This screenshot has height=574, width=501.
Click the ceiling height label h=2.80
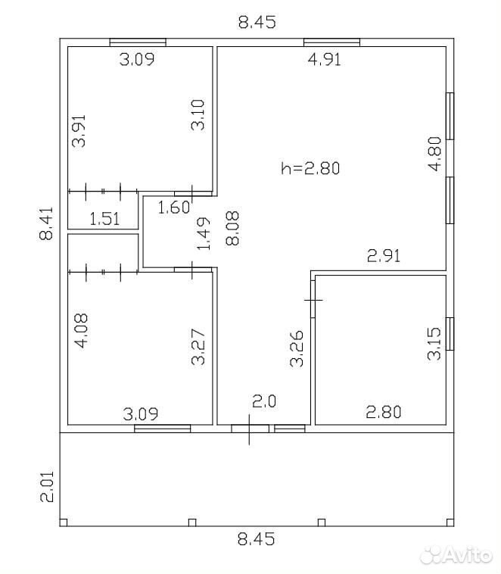click(x=310, y=168)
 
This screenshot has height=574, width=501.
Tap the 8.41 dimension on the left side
click(x=46, y=223)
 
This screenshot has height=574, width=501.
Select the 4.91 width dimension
click(x=324, y=59)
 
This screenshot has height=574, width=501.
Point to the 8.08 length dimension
click(x=232, y=228)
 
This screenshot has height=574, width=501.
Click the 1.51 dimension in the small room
click(x=104, y=219)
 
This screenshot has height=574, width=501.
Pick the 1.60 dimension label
click(x=174, y=207)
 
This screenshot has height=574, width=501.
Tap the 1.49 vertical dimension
click(x=204, y=234)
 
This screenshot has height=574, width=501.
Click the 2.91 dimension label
click(x=384, y=255)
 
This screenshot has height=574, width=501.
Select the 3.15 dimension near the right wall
click(x=434, y=344)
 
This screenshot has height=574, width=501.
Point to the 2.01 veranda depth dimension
click(x=47, y=486)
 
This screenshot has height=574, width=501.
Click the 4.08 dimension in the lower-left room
click(x=81, y=331)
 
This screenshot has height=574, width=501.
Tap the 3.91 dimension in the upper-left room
click(x=79, y=131)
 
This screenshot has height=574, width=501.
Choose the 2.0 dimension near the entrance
click(x=264, y=401)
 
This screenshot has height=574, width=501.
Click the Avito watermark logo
click(x=456, y=555)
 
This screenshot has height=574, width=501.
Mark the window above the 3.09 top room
click(x=138, y=42)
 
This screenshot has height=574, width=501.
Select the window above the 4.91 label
click(x=332, y=42)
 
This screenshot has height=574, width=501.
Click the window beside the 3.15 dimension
click(x=450, y=334)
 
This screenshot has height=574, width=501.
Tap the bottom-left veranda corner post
click(x=64, y=523)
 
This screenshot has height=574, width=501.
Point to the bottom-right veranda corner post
click(x=450, y=523)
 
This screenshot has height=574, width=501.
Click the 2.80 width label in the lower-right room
click(x=384, y=412)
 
